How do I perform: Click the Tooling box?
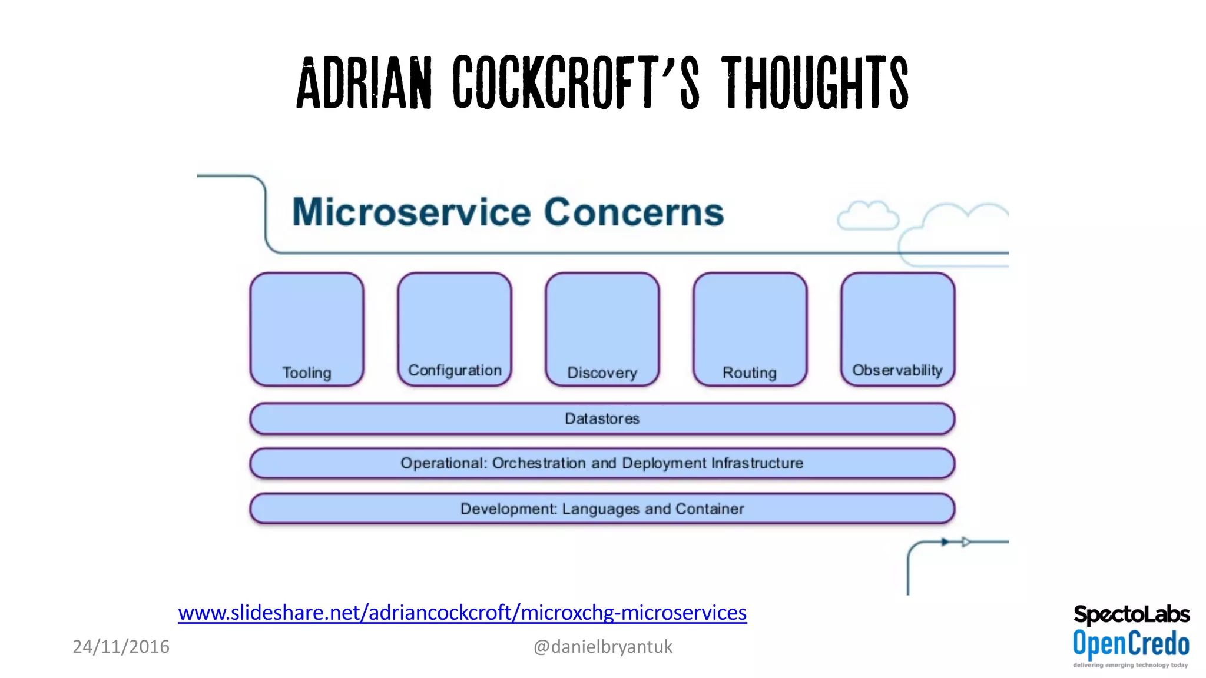(307, 330)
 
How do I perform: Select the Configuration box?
(455, 330)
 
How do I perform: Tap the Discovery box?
(602, 330)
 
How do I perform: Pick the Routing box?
(750, 330)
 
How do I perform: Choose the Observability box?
(898, 330)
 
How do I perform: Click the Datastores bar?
(602, 418)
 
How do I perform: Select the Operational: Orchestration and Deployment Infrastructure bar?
(602, 463)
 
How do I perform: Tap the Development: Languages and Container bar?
(602, 508)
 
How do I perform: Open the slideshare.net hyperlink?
(462, 613)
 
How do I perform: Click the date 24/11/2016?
(121, 646)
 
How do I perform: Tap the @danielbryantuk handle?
(602, 647)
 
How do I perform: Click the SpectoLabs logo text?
(1131, 615)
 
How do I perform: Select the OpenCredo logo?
(1131, 644)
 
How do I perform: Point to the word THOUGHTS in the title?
(815, 83)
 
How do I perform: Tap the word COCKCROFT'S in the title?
(576, 83)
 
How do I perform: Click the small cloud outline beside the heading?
(867, 216)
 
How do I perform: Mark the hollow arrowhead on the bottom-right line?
(966, 542)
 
